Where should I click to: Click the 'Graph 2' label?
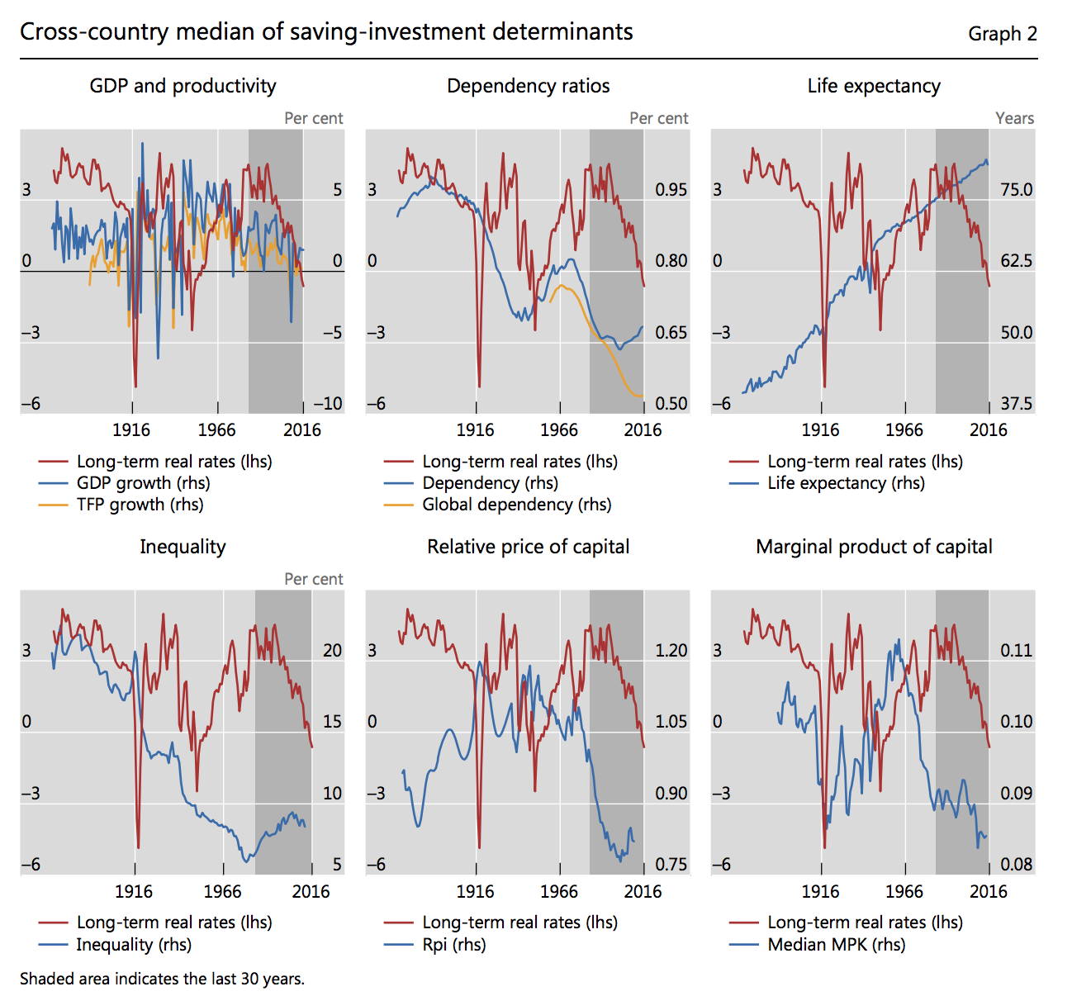click(1002, 34)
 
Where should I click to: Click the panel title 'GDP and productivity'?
click(183, 86)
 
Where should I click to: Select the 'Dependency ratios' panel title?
click(528, 86)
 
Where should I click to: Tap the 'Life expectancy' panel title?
click(874, 86)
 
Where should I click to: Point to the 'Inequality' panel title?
click(183, 547)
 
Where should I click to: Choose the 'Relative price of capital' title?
click(528, 547)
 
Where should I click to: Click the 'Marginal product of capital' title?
click(874, 547)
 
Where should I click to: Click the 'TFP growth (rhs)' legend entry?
click(140, 505)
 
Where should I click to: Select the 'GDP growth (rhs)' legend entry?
click(143, 483)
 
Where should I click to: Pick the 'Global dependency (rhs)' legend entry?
click(516, 505)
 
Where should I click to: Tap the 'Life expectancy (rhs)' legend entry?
click(846, 483)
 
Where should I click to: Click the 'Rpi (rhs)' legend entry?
click(453, 944)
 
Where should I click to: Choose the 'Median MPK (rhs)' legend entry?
click(836, 944)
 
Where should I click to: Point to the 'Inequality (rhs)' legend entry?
click(134, 944)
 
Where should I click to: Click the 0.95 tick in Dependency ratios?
click(671, 190)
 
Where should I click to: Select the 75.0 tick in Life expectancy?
click(1016, 190)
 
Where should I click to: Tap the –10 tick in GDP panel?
click(327, 404)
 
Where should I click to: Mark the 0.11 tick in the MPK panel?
click(1016, 651)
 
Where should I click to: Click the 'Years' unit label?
click(1014, 118)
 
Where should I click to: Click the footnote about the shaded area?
click(162, 979)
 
